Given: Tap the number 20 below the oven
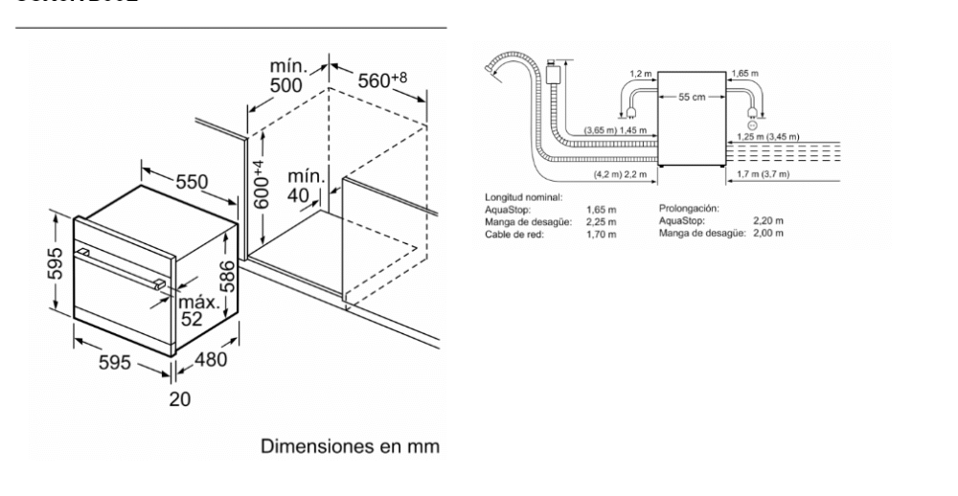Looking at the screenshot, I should coord(179,399).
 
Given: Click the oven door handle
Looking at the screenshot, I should coord(123,267).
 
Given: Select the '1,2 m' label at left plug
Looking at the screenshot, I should coord(640,73).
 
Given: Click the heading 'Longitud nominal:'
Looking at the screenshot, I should coord(523,197).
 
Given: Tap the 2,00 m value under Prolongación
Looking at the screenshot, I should coord(771,232).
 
